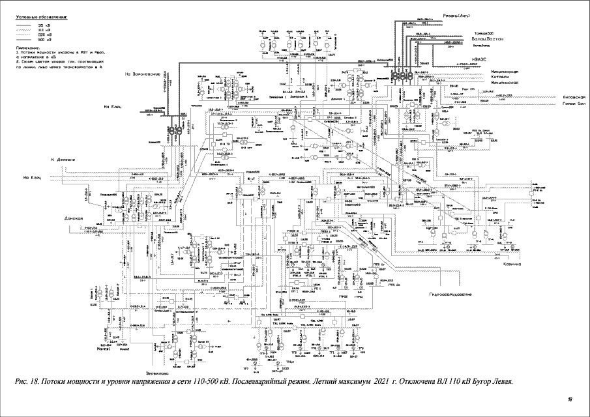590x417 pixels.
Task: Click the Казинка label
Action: (512, 264)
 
